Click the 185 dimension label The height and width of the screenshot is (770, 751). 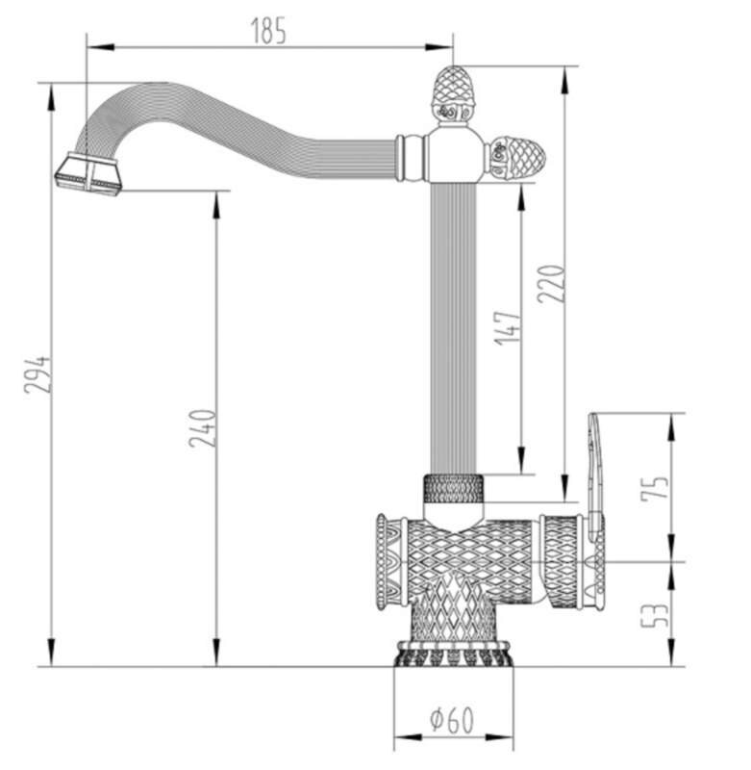click(x=268, y=31)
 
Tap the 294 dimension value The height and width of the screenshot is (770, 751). click(x=38, y=374)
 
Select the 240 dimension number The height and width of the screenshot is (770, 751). click(x=203, y=428)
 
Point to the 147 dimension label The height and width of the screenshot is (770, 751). click(x=507, y=327)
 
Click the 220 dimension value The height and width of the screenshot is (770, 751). click(x=551, y=283)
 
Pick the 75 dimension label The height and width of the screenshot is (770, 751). click(x=655, y=489)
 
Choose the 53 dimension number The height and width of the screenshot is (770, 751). click(x=655, y=615)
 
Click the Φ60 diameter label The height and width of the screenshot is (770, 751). click(x=452, y=720)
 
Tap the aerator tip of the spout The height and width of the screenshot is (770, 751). click(x=88, y=174)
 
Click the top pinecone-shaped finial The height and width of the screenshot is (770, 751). click(x=453, y=94)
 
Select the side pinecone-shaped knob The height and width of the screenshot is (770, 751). click(x=516, y=157)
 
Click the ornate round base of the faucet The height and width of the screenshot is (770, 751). click(x=453, y=654)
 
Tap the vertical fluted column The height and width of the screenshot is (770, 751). click(x=453, y=328)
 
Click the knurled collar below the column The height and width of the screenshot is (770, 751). click(x=454, y=489)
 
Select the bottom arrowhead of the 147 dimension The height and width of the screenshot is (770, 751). click(x=521, y=461)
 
